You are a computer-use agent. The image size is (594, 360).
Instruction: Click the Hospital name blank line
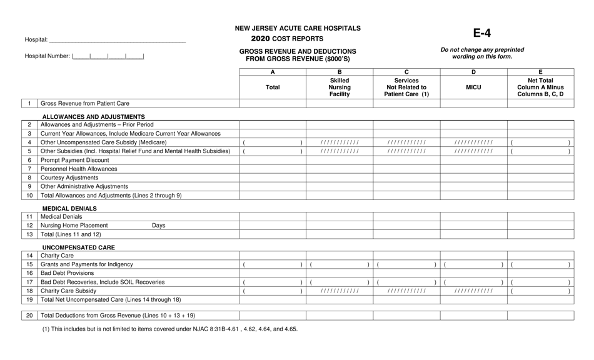117,40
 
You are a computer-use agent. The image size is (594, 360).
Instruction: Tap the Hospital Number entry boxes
108,56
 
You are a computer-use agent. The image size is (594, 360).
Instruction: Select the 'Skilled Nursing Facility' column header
340,87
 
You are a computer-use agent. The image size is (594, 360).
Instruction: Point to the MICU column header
473,87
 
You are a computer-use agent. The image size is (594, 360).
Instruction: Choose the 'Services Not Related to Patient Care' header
406,87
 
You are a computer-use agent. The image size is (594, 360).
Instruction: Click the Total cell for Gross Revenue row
273,103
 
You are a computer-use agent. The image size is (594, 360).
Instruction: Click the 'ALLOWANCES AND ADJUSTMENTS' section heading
94,116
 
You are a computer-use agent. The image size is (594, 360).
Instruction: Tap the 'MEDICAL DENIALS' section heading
69,208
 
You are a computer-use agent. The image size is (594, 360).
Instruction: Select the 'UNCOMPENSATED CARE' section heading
78,247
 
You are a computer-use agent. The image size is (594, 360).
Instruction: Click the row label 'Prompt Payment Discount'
70,160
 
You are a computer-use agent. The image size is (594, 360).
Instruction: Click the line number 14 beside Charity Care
29,256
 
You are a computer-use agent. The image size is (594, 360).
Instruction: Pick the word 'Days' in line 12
158,226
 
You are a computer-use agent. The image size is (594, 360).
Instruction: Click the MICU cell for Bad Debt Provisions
473,273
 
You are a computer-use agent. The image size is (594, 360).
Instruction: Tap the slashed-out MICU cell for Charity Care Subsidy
473,291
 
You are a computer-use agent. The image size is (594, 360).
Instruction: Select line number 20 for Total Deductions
29,315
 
